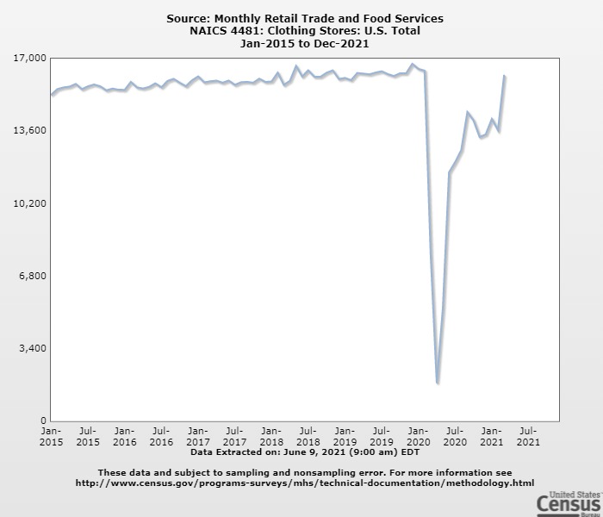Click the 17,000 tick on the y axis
29,58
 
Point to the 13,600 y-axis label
29,130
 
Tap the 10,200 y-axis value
29,203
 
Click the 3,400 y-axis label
32,348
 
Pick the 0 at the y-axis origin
42,420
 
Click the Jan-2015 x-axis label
51,436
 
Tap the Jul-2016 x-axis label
161,436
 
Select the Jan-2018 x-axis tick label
271,436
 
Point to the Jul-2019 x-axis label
382,436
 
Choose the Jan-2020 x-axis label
418,436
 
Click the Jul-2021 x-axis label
528,436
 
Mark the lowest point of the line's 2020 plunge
438,383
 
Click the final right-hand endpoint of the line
505,77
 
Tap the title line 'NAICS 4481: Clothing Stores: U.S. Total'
305,30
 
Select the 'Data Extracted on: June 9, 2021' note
305,451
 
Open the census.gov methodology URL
305,483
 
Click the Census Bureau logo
569,502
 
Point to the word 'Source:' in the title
189,18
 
